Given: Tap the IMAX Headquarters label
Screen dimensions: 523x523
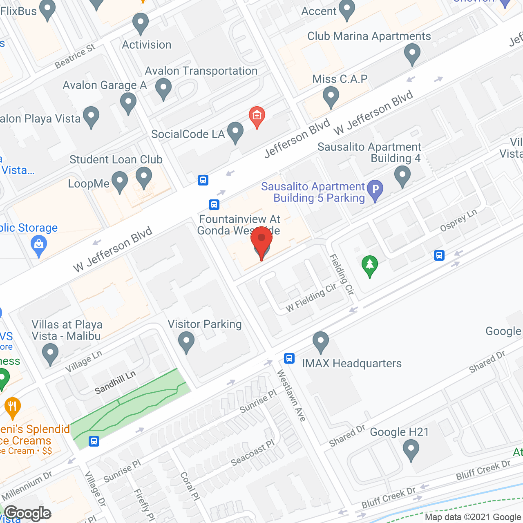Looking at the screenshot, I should [x=351, y=363].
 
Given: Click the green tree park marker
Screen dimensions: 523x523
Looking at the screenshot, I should [x=370, y=266].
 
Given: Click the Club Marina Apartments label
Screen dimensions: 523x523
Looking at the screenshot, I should [x=369, y=36].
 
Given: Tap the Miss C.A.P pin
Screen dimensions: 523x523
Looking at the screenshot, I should [x=331, y=98].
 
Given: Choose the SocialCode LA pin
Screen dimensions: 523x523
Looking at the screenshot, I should [x=235, y=132].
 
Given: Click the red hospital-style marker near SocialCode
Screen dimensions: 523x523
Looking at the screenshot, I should [x=257, y=116].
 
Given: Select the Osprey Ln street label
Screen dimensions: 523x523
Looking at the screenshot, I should [x=458, y=221].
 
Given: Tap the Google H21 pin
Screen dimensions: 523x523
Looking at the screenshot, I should [x=411, y=450].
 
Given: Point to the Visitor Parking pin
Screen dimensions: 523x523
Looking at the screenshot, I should [x=186, y=342].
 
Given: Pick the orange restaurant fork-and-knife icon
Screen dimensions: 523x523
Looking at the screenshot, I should [x=13, y=407].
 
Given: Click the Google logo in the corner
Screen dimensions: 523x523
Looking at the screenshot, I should [x=28, y=513].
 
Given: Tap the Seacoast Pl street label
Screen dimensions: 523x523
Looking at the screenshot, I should [x=253, y=453].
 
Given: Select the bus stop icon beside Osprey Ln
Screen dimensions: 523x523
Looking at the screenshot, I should [x=439, y=255].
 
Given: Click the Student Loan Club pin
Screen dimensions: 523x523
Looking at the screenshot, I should [x=144, y=178].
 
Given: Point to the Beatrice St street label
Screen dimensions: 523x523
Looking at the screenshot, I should [x=75, y=56].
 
